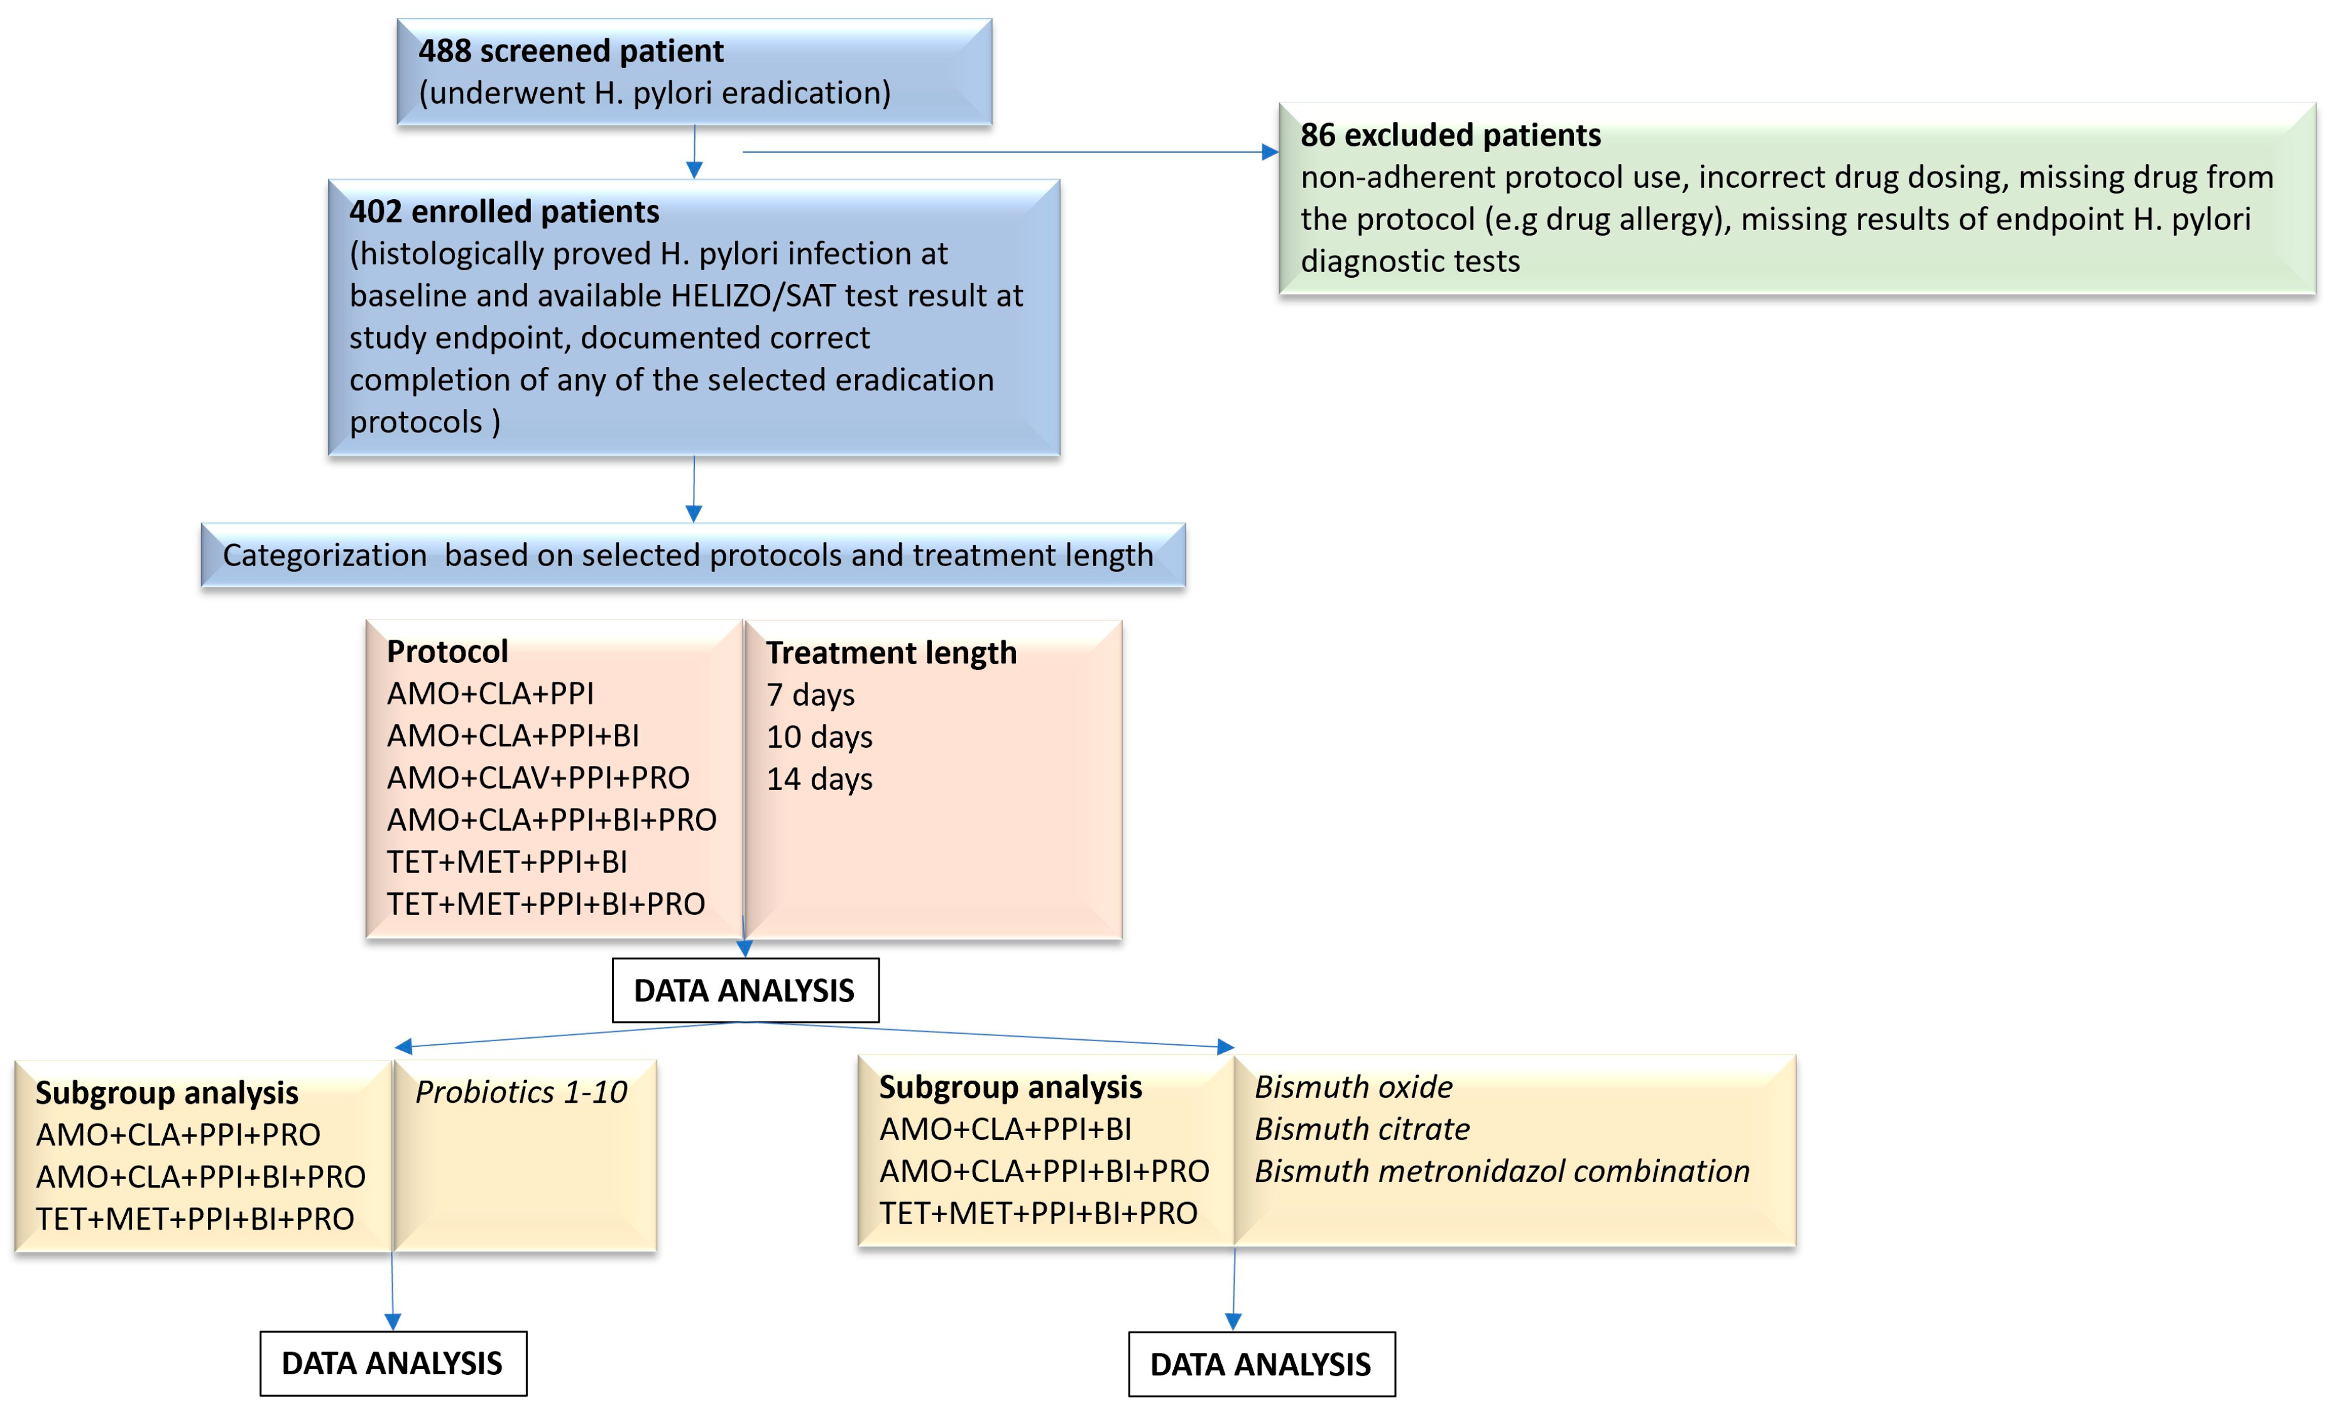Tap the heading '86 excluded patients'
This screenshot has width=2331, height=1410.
1449,135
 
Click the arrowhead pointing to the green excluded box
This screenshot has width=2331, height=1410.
1270,152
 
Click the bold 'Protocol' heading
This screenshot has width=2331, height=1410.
447,652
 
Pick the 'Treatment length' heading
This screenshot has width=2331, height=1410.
890,653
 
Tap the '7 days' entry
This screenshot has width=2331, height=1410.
810,696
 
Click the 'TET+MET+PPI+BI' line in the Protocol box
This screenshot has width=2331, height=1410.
506,862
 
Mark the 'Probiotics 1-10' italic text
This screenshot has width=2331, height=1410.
520,1093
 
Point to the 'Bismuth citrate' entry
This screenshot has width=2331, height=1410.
1362,1129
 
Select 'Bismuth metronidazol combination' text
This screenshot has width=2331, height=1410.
1502,1171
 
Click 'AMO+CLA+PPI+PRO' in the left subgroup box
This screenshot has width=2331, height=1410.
178,1135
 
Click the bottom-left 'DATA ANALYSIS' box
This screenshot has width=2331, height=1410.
393,1364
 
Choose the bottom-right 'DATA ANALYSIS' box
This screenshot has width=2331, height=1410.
1260,1365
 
